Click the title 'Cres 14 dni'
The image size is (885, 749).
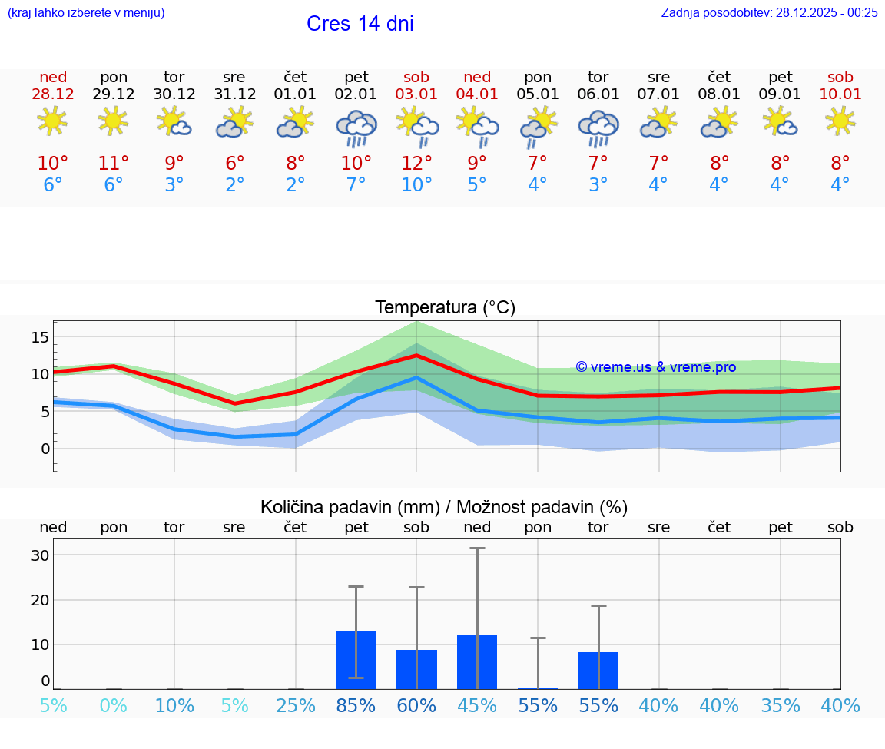coord(360,24)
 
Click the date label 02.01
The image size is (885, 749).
coord(356,94)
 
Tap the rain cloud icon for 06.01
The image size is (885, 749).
coord(598,128)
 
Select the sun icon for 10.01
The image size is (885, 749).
coord(840,121)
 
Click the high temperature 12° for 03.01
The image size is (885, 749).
coord(416,164)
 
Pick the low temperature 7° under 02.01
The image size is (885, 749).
coord(356,185)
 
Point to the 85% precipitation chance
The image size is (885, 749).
coord(356,705)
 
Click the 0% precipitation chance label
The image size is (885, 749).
coord(113,705)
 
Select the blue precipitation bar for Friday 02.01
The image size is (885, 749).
coord(356,660)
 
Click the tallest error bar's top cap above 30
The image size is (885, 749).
coord(477,548)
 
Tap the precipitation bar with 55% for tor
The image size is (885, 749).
coord(598,670)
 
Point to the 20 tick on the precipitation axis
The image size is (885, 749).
coord(40,600)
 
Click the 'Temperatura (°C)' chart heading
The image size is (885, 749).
coord(445,308)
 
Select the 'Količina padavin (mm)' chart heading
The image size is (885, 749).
coord(350,507)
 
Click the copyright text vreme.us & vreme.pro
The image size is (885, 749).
coord(655,367)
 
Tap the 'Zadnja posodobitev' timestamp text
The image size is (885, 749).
coord(769,12)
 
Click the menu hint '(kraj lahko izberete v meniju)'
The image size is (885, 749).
coord(85,12)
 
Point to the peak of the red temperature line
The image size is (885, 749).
coord(416,355)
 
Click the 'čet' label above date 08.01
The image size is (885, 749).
coord(718,77)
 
